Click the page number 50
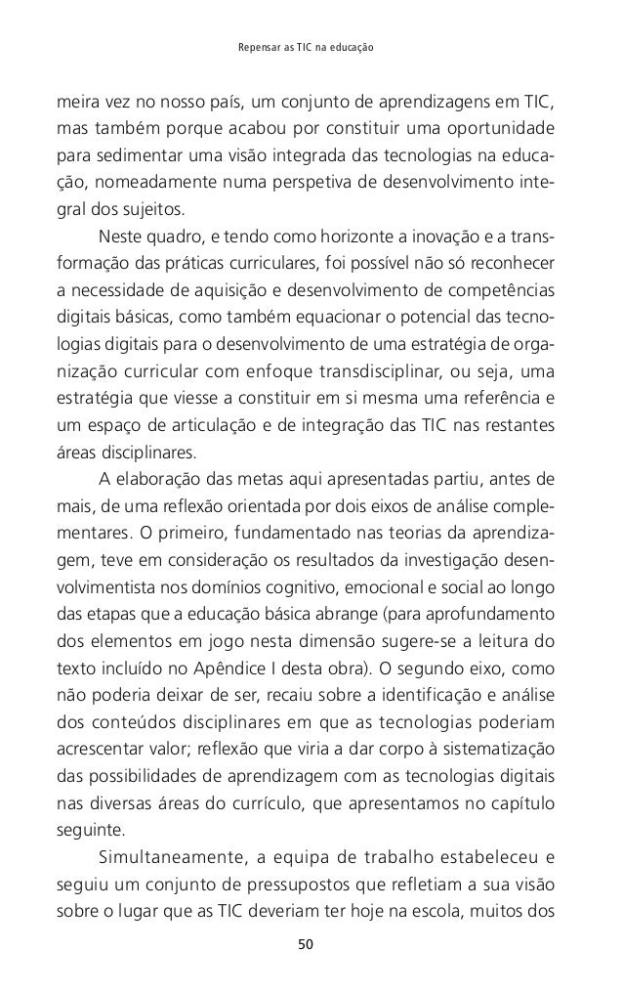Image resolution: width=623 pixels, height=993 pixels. coord(311,945)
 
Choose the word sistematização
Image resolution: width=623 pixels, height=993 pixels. coord(499,751)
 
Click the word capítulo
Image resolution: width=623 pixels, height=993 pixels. coord(526,804)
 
